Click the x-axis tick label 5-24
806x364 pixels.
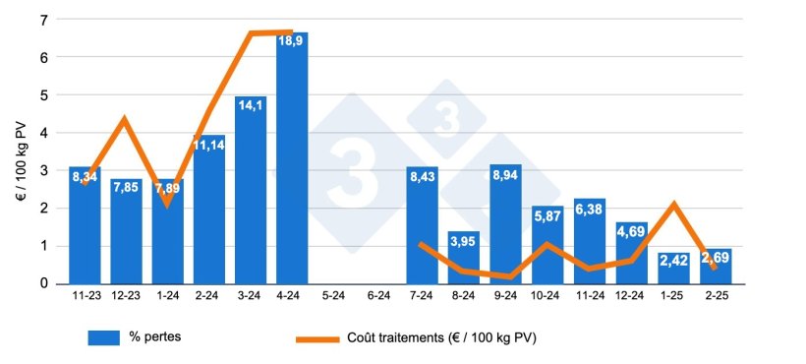(334, 294)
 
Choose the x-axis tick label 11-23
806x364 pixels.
(85, 294)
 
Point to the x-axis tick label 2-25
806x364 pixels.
(715, 294)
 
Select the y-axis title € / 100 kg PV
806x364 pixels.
(21, 152)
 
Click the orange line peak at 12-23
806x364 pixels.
(125, 119)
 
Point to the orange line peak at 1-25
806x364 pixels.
(673, 204)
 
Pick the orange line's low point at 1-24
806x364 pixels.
(167, 203)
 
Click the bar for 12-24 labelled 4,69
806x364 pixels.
(630, 252)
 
